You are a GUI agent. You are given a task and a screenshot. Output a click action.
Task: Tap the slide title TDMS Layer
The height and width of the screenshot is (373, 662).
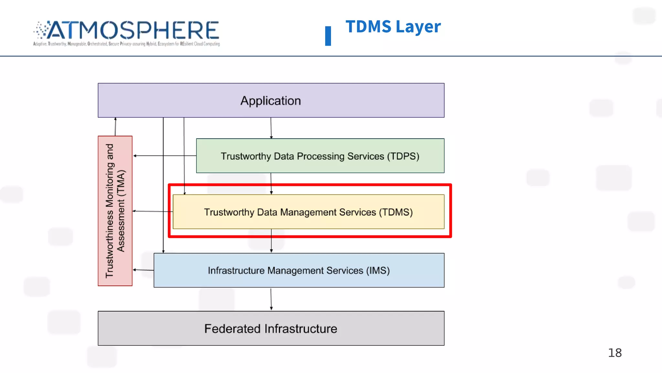click(393, 27)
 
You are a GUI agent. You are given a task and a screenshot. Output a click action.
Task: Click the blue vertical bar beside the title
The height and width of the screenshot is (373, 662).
click(328, 36)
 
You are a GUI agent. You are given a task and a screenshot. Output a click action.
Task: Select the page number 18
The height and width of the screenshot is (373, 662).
click(614, 353)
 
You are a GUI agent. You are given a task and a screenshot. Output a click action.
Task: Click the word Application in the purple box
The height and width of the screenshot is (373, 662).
click(271, 101)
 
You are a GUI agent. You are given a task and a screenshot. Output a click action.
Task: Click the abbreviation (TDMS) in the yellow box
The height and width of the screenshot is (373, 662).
click(396, 212)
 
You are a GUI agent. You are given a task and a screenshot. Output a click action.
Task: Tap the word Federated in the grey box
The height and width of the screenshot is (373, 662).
click(233, 329)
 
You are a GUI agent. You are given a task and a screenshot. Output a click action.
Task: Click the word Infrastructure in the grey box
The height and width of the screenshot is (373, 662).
click(301, 329)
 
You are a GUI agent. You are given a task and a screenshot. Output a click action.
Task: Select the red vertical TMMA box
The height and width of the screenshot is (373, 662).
click(115, 211)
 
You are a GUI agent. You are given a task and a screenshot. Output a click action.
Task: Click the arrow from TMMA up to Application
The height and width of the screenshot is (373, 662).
click(115, 127)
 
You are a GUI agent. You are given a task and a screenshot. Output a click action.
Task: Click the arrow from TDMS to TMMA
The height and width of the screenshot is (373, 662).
click(152, 211)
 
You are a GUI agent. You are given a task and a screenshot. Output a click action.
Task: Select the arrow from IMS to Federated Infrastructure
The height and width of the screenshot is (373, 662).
click(271, 299)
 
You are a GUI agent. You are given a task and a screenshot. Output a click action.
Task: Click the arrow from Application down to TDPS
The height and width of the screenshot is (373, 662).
click(271, 128)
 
